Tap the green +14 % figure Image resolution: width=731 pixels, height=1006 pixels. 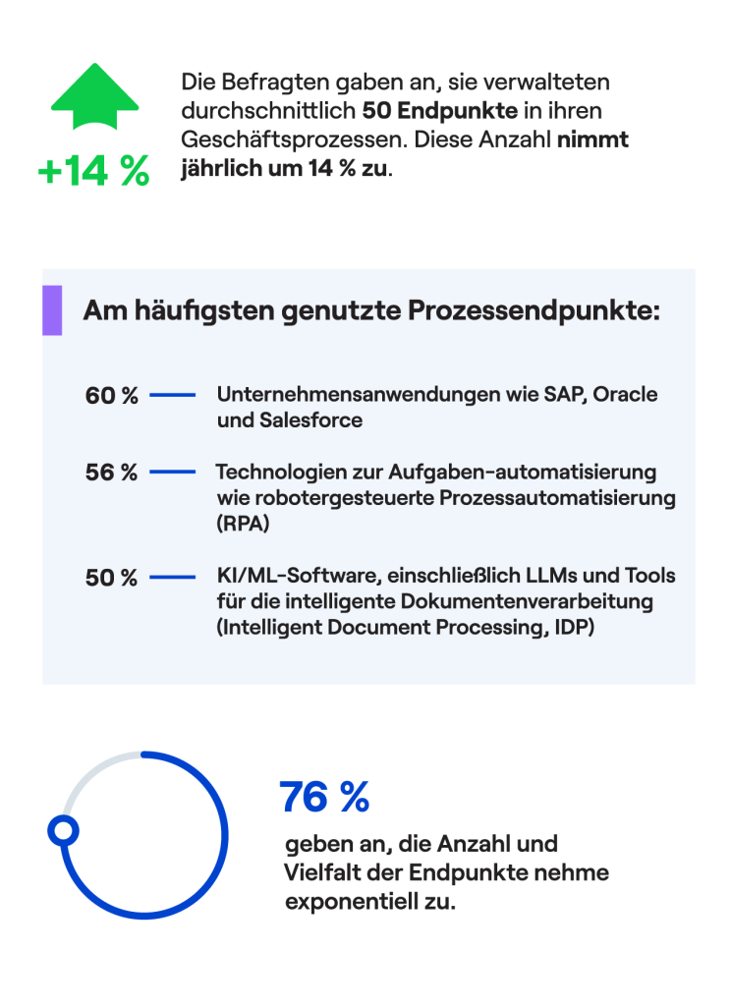[x=93, y=171]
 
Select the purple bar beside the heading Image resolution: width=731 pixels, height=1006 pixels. [x=52, y=310]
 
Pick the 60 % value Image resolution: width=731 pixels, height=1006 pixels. [x=111, y=396]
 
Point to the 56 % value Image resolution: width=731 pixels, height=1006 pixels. [x=111, y=473]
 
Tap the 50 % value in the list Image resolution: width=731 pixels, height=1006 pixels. [x=111, y=578]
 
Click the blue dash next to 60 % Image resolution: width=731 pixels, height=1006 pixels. [x=172, y=396]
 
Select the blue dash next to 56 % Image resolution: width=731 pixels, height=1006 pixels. [x=172, y=473]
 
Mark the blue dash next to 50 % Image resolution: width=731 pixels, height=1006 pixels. [x=172, y=578]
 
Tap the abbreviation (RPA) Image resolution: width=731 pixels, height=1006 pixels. [x=242, y=525]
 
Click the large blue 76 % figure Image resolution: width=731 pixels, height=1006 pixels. [x=324, y=797]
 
